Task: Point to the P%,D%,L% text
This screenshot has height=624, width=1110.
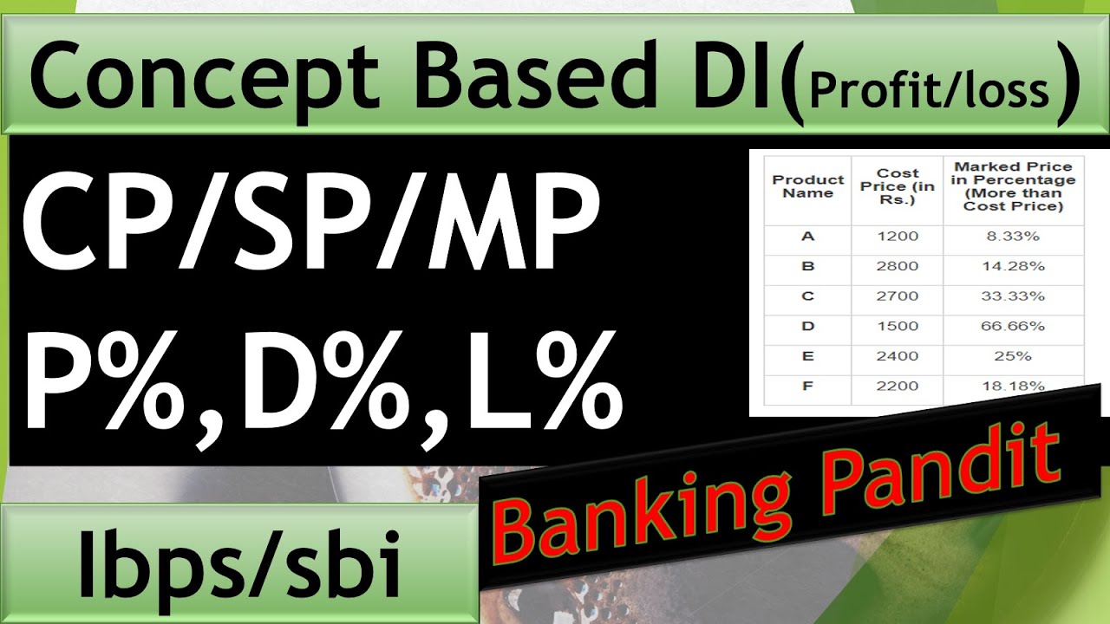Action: click(x=321, y=381)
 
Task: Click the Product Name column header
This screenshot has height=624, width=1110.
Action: click(x=807, y=186)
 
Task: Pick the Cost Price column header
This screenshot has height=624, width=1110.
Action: click(x=898, y=186)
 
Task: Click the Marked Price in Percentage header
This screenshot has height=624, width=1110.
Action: click(x=1013, y=186)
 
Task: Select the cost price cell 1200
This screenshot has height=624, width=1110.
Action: click(x=897, y=237)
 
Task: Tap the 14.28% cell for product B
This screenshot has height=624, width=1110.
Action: click(x=1013, y=267)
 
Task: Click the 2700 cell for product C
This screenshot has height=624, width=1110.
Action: click(x=897, y=296)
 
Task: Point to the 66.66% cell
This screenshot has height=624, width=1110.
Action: click(x=1013, y=327)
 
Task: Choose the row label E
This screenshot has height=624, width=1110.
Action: click(x=807, y=356)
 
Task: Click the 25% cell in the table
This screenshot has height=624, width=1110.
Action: click(x=1013, y=356)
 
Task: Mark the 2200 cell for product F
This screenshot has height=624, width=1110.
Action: click(x=897, y=387)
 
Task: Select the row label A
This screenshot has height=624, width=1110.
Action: click(x=807, y=237)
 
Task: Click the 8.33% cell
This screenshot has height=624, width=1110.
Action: click(x=1013, y=237)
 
